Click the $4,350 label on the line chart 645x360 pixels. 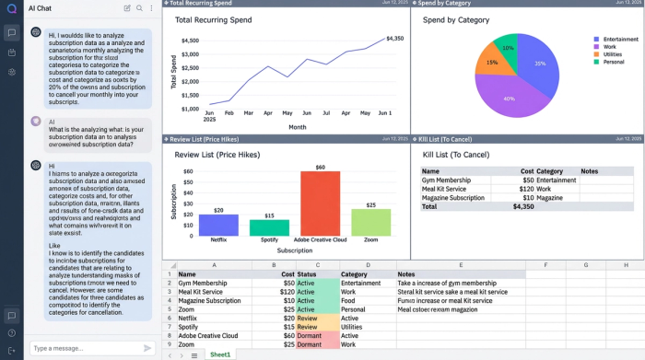tap(394, 39)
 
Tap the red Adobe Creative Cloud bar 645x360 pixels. tap(320, 203)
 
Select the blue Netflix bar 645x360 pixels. tap(218, 225)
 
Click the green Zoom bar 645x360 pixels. tap(370, 222)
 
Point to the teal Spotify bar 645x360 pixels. tap(269, 227)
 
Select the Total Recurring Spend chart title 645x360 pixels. tap(214, 19)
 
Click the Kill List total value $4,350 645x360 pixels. tap(523, 207)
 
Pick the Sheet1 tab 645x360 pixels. tap(220, 354)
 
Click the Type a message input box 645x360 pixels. tap(83, 348)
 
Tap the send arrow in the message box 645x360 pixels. tap(147, 348)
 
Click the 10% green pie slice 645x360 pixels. tap(507, 48)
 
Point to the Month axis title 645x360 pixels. tap(297, 127)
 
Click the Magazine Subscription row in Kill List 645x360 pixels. tap(452, 198)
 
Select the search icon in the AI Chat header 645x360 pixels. tap(139, 8)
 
